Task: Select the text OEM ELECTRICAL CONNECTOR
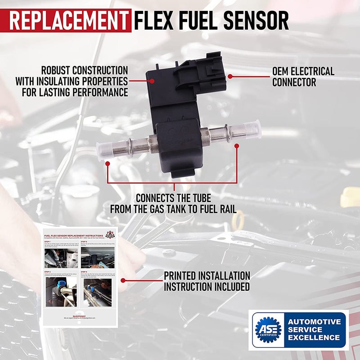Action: [303, 76]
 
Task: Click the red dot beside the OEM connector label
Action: [230, 76]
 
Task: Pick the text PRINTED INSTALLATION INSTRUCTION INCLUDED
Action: [207, 281]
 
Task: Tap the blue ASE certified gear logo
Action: [268, 330]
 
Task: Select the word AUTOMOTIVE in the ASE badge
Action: [314, 322]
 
